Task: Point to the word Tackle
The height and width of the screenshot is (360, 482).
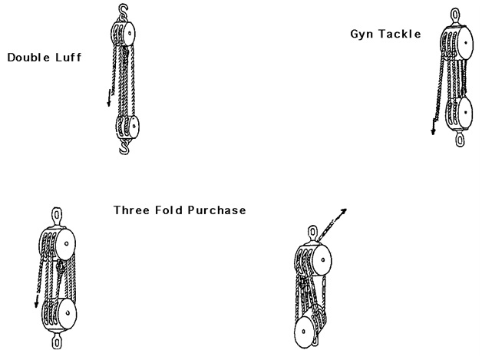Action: [401, 34]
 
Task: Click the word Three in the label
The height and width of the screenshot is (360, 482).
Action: [132, 210]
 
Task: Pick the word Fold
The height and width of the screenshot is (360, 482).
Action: [171, 210]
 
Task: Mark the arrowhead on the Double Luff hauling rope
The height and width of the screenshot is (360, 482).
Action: [109, 104]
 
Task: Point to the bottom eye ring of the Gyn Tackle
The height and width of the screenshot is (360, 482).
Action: [459, 140]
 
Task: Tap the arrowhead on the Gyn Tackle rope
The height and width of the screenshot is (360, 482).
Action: [433, 130]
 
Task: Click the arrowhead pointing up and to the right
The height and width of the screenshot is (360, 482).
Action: [345, 210]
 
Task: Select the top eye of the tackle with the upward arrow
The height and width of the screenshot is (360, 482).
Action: [312, 232]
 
